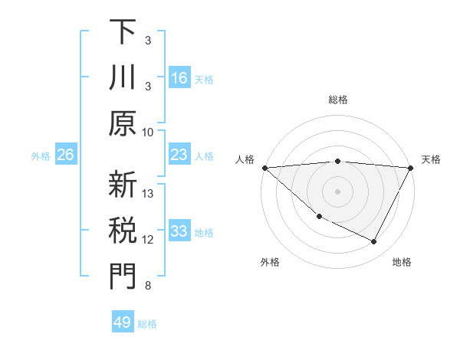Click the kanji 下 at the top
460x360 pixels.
pyautogui.click(x=123, y=32)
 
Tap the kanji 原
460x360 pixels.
pyautogui.click(x=123, y=123)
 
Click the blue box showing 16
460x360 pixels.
pyautogui.click(x=179, y=77)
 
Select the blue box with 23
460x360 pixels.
pyautogui.click(x=179, y=155)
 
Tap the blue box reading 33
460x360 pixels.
pyautogui.click(x=179, y=231)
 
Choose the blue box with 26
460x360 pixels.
pyautogui.click(x=66, y=155)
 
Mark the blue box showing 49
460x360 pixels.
pyautogui.click(x=123, y=322)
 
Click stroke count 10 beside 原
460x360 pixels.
pyautogui.click(x=148, y=132)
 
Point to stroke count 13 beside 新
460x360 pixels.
pyautogui.click(x=148, y=195)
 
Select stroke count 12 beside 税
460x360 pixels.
pyautogui.click(x=148, y=241)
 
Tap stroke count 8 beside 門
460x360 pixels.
pyautogui.click(x=148, y=286)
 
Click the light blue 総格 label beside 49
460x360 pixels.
pyautogui.click(x=147, y=323)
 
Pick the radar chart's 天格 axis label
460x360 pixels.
pyautogui.click(x=431, y=159)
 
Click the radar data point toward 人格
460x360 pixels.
pyautogui.click(x=264, y=167)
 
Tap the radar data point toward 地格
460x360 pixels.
pyautogui.click(x=374, y=241)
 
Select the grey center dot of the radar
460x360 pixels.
pyautogui.click(x=337, y=191)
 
